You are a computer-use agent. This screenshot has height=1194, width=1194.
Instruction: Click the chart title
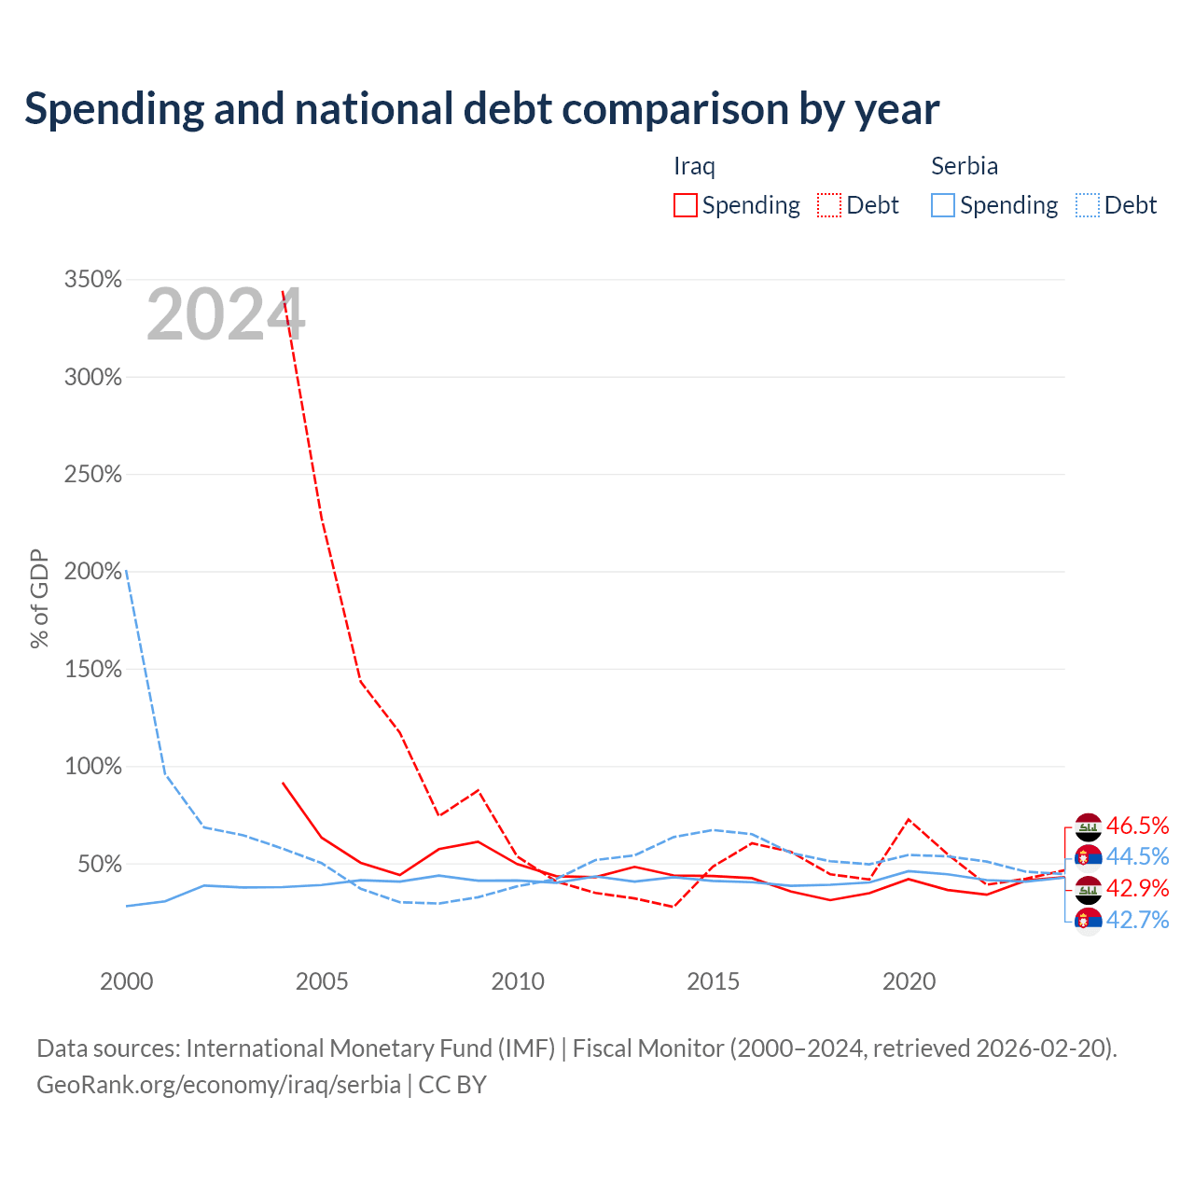coord(481,109)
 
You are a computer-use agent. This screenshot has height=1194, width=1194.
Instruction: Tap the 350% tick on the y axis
coord(93,280)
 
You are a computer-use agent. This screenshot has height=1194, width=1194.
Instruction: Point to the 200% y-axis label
coord(93,571)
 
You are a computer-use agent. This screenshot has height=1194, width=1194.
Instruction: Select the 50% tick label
coord(100,864)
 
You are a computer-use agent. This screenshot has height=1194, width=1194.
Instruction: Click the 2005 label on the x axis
coord(322,981)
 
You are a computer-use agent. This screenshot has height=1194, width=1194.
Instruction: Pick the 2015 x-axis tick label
coord(714,981)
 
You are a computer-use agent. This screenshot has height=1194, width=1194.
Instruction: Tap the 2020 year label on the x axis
coord(909,981)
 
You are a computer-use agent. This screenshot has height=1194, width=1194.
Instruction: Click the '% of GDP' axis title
coord(39,599)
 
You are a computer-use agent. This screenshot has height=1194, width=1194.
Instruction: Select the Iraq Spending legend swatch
coord(686,206)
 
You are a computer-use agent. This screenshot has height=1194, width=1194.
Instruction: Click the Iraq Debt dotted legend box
coord(829,206)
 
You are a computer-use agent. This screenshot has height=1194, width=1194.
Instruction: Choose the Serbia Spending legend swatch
coord(943,206)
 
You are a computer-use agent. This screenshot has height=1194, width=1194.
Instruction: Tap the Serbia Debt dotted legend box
coord(1088,206)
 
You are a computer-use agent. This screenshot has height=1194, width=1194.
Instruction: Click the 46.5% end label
coord(1138,826)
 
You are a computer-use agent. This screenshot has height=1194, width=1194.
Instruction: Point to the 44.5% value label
coord(1138,857)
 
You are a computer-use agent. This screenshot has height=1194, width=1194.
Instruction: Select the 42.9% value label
coord(1138,889)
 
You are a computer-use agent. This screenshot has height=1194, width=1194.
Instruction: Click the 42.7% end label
coord(1138,920)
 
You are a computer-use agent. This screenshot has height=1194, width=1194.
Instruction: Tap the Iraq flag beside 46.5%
coord(1089,826)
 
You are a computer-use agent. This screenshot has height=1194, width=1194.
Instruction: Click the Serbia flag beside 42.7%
coord(1089,921)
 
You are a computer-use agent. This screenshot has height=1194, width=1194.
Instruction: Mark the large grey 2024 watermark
coord(226,314)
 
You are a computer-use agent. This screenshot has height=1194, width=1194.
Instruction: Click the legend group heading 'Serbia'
coord(965,166)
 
